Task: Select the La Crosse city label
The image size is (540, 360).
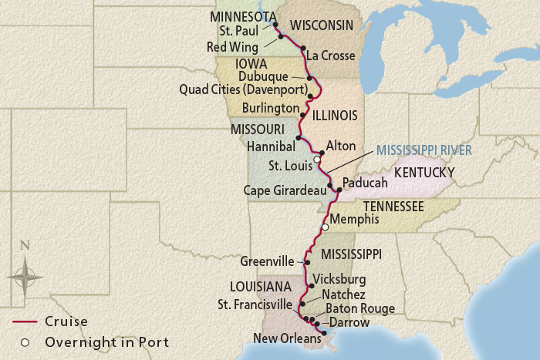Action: click(330, 56)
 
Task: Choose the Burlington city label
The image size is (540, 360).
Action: click(270, 108)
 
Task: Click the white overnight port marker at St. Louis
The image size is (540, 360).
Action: click(316, 160)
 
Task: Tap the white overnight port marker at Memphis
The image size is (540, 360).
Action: click(325, 227)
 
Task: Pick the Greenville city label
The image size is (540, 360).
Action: click(268, 261)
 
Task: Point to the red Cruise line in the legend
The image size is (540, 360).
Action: click(23, 321)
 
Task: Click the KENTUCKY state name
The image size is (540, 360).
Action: click(425, 173)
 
